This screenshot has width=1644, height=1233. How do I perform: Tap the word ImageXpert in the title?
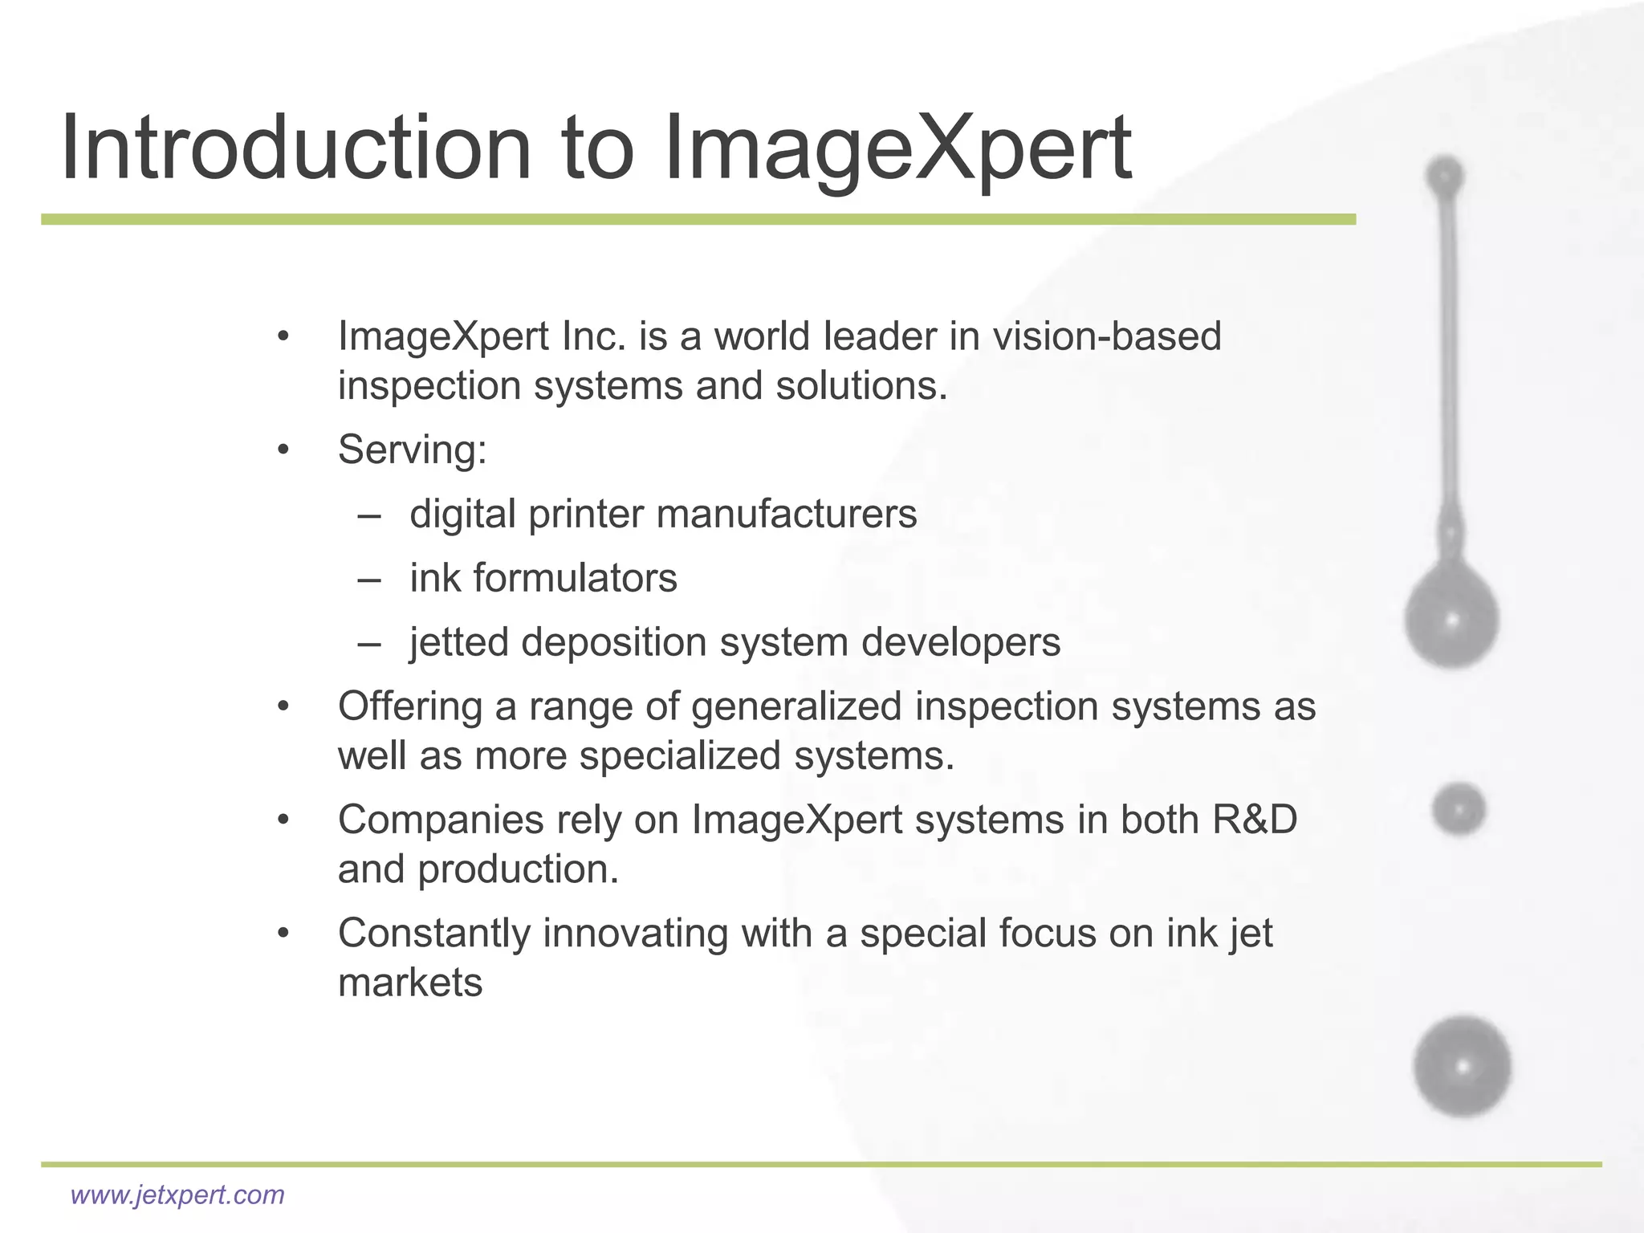(x=897, y=149)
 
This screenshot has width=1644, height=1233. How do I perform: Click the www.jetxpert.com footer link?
(x=177, y=1194)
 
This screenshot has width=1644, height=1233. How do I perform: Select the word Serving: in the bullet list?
(x=412, y=450)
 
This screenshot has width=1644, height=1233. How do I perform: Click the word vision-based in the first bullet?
(x=1107, y=336)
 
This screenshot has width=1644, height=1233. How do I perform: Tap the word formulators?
(x=575, y=578)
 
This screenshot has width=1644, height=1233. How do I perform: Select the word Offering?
(x=409, y=706)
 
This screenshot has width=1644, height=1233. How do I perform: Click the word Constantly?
(x=433, y=933)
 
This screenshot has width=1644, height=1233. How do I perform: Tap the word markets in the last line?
(x=409, y=983)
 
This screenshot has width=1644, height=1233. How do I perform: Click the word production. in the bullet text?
(x=518, y=869)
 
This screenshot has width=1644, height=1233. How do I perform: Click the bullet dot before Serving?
(x=283, y=450)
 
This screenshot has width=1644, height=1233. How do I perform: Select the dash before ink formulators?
(x=369, y=579)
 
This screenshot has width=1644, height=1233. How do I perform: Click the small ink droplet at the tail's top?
(x=1445, y=175)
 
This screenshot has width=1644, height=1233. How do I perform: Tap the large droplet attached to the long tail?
(x=1451, y=618)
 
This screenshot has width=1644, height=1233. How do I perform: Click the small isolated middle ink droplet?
(x=1459, y=809)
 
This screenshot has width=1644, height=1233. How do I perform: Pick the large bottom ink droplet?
(x=1462, y=1067)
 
